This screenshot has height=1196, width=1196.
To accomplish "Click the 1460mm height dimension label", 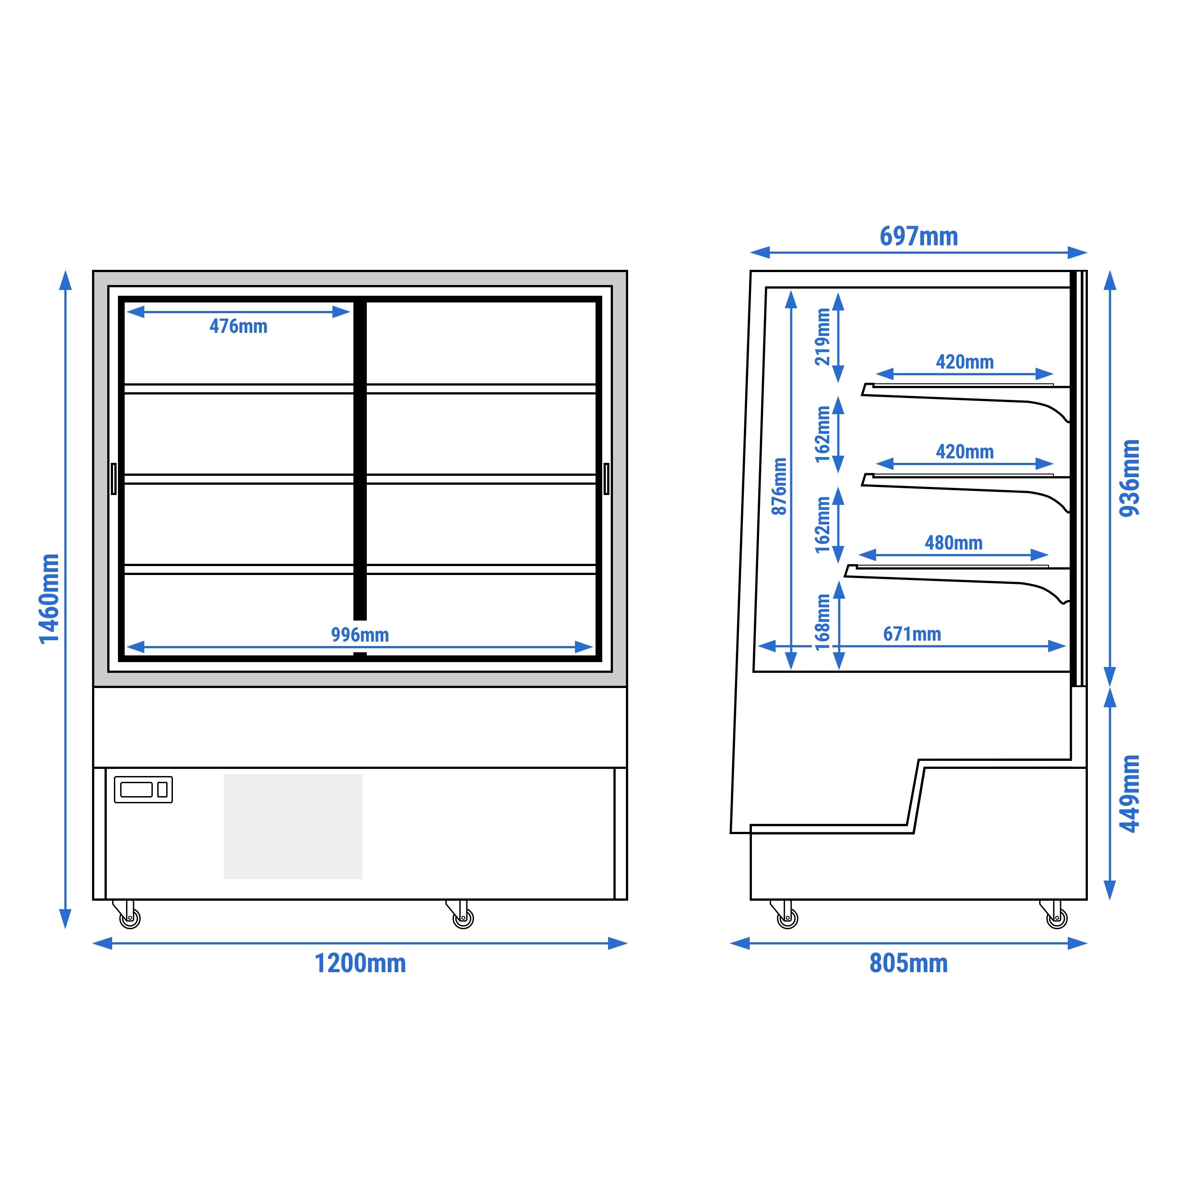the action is tap(50, 599).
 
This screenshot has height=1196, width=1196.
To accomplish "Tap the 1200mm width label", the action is tap(360, 963).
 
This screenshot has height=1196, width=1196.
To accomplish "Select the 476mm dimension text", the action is tap(238, 326).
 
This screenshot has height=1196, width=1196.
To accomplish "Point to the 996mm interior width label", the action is tap(360, 634).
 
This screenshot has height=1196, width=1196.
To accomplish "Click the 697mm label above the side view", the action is tap(919, 236).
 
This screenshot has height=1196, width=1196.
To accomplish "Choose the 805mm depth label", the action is tap(908, 963).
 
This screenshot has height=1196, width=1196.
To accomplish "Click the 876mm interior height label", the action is tap(779, 486).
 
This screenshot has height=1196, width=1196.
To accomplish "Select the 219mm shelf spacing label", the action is tap(822, 337).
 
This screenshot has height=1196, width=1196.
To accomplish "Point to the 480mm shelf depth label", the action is tap(953, 543).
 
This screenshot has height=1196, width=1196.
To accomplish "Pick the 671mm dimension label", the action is tap(912, 634).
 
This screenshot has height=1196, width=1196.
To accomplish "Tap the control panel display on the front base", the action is tap(143, 789).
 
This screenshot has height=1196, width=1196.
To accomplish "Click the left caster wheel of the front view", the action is tap(130, 917).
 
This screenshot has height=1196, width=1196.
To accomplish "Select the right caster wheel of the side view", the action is tap(1057, 917).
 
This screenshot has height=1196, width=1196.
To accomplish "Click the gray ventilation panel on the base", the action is tap(293, 827).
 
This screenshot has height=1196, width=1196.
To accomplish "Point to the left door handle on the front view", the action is tap(113, 478).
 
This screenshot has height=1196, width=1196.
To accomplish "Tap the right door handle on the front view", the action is tap(606, 478).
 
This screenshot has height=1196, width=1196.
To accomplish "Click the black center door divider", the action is tap(360, 460).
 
